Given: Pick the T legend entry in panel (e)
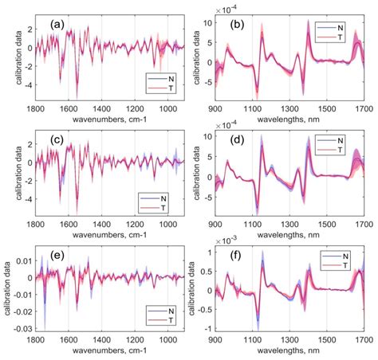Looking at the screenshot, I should click(x=167, y=322).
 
